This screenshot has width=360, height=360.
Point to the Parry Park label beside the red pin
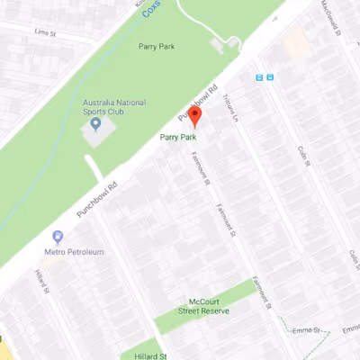177,137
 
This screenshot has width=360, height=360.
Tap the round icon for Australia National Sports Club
96,123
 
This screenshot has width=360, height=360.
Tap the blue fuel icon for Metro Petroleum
58,238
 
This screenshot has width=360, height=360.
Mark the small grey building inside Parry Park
222,44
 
